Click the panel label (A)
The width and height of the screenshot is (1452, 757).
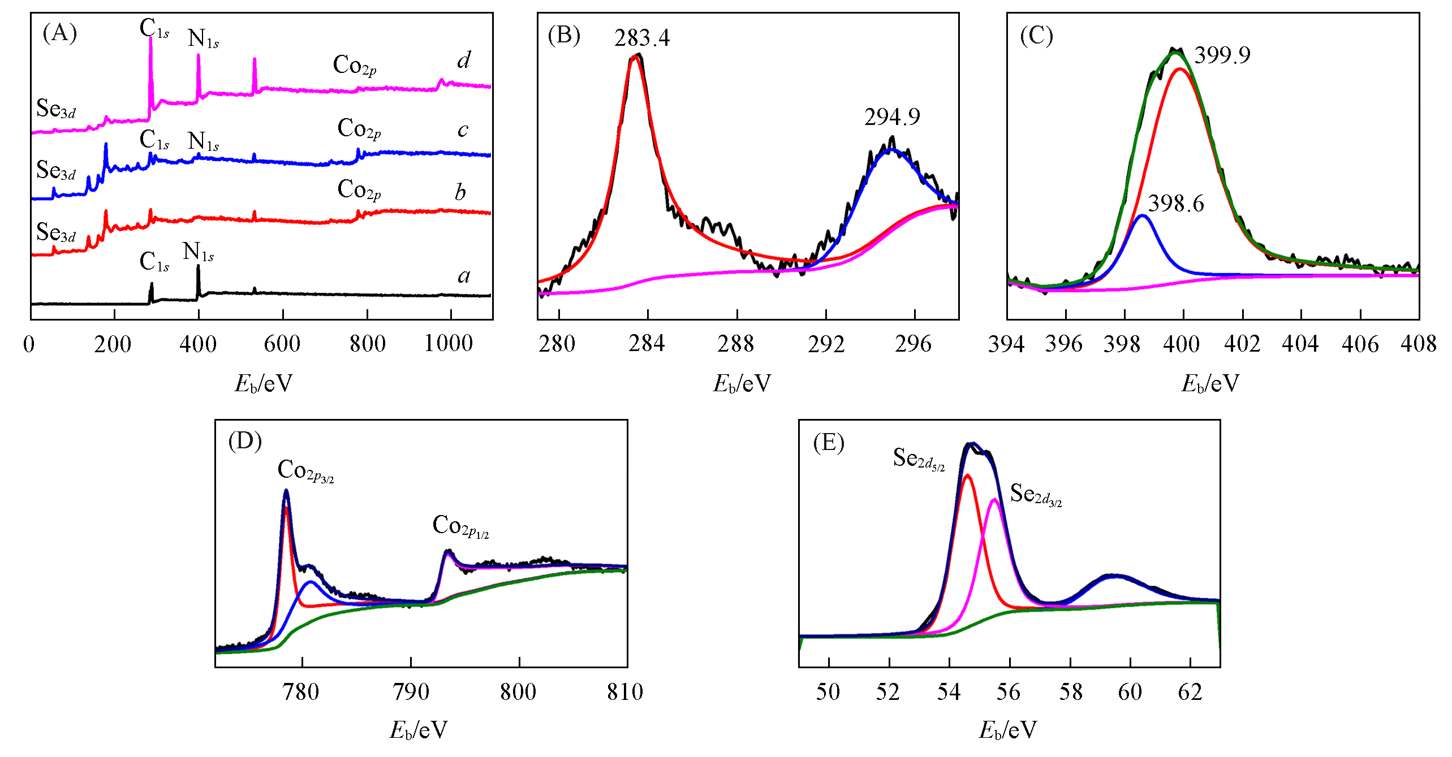coord(59,34)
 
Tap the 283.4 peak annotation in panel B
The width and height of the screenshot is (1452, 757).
coord(642,38)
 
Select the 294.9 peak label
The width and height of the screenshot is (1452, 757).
coord(892,117)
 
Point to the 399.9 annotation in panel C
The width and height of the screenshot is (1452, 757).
coord(1222,55)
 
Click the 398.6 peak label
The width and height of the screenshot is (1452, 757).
coord(1176,204)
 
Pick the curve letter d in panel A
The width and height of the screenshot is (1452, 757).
coord(463,60)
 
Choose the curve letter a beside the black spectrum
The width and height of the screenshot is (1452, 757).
coord(464,276)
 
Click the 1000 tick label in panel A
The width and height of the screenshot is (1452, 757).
coord(449,343)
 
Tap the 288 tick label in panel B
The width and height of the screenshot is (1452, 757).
coord(736,343)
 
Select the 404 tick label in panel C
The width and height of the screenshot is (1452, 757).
coord(1300,343)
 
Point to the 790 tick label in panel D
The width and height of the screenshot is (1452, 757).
coord(411,691)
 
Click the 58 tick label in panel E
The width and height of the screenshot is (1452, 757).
coord(1070,691)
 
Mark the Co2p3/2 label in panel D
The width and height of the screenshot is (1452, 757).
coord(305,471)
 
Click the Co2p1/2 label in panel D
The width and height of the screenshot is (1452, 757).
coord(460,526)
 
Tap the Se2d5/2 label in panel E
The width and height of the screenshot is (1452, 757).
coord(919,458)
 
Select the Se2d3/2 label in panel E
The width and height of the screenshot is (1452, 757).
coord(1036,495)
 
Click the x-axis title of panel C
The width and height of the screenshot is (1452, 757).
coord(1210,384)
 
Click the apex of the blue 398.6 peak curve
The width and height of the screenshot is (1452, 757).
coord(1143,215)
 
